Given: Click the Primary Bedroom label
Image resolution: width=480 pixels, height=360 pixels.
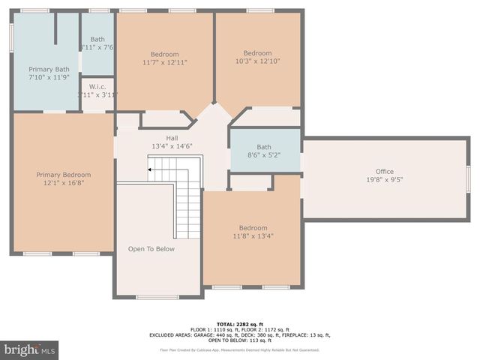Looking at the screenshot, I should coord(63,175).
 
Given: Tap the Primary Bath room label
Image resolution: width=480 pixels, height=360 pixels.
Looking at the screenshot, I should coord(49,69).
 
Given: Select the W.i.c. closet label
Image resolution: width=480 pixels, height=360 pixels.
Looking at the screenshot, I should coord(97,86).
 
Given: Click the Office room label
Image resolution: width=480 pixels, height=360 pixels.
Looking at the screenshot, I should coord(385,172).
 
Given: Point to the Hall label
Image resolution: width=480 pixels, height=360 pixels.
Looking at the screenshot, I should coord(172,138).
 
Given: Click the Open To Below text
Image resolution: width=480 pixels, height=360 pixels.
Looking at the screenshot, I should coord(151,249).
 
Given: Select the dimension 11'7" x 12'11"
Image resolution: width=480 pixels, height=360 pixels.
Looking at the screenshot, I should coord(165,62).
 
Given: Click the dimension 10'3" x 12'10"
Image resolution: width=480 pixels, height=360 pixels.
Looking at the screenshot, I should coord(257,61).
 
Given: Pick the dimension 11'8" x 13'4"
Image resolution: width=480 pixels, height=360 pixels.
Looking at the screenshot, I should coord(253,236).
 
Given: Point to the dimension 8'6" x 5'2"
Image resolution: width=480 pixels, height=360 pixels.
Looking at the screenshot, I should coord(264,155).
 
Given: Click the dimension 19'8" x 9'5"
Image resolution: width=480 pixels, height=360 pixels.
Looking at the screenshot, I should coord(385,180).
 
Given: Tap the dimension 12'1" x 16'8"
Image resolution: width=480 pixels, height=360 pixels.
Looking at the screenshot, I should coord(63,183).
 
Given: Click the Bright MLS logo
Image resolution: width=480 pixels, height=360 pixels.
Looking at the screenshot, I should coord(30,349).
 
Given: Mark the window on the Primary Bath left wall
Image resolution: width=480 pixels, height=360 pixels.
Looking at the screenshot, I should coord(11,38).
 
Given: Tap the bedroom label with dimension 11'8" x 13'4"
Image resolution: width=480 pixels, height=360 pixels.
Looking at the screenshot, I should coord(253,228).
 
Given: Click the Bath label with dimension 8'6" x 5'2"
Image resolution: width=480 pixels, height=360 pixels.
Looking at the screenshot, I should coord(264,147).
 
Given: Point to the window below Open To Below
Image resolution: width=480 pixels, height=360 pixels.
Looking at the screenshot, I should coord(157,297).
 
